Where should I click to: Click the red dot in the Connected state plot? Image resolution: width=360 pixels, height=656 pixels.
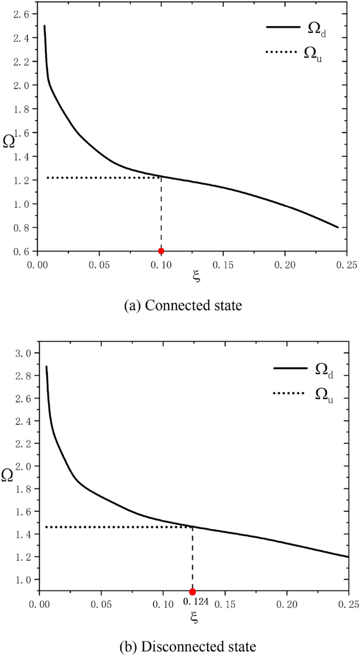[161, 251]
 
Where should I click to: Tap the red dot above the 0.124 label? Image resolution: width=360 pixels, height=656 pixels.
[192, 592]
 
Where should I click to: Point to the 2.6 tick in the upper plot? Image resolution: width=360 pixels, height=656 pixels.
[23, 14]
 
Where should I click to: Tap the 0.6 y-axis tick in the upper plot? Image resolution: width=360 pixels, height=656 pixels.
[23, 252]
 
